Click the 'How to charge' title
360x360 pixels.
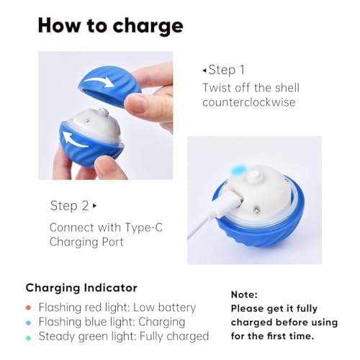click(x=111, y=26)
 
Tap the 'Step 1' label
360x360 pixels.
click(x=227, y=70)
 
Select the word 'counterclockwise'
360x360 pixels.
click(x=249, y=102)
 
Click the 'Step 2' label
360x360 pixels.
click(x=70, y=206)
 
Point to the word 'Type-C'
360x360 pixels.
click(x=144, y=228)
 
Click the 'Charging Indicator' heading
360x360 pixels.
click(x=81, y=288)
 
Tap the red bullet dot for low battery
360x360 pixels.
click(x=28, y=307)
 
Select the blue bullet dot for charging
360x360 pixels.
click(x=28, y=323)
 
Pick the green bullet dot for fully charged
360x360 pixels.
click(x=28, y=338)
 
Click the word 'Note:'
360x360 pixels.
click(x=244, y=294)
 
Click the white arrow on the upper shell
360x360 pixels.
click(x=99, y=82)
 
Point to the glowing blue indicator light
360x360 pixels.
click(x=238, y=170)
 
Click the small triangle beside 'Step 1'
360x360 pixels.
click(x=204, y=71)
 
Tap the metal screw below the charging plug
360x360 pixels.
click(x=257, y=210)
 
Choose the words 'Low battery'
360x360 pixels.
click(x=165, y=307)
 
